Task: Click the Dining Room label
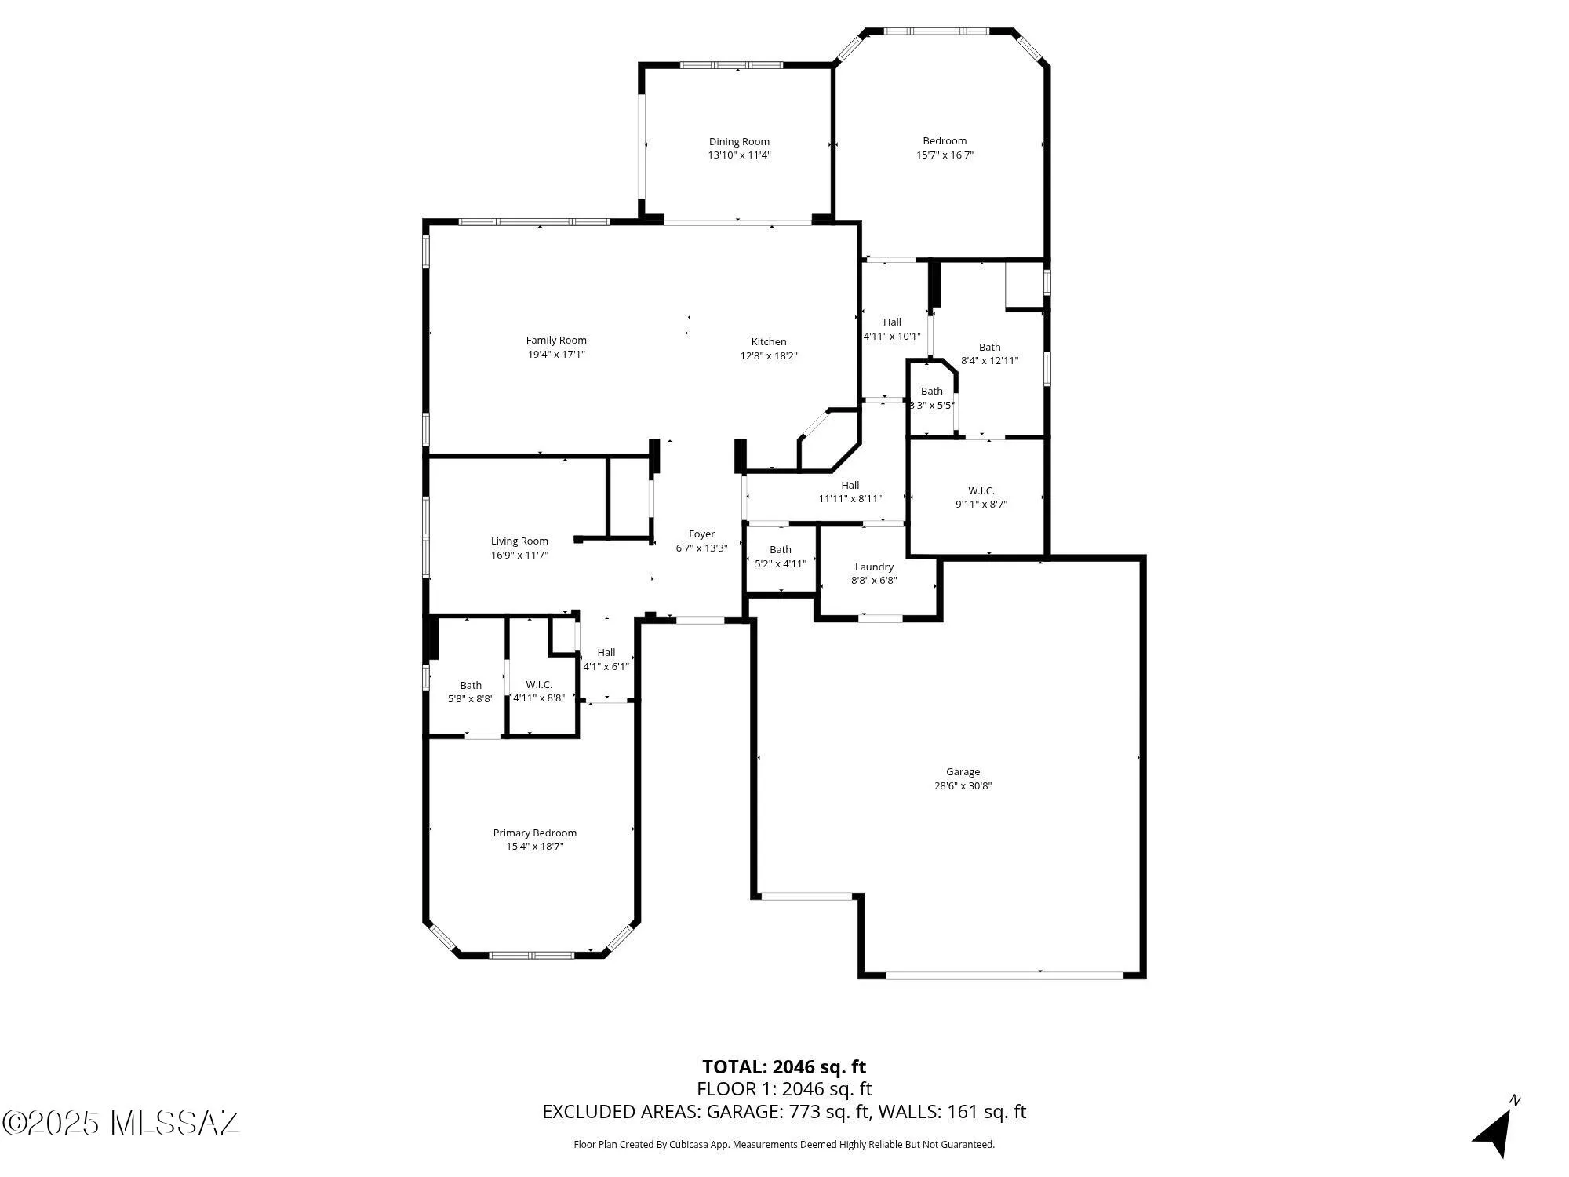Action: [739, 142]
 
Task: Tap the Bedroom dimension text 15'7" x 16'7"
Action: [945, 155]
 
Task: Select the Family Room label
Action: [556, 341]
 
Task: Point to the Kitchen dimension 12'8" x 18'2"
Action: [769, 356]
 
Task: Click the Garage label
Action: [963, 772]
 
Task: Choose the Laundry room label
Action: [874, 567]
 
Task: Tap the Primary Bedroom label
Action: [534, 833]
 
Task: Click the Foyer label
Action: [701, 534]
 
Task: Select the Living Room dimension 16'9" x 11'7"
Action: [519, 556]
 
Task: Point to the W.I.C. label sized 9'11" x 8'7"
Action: [981, 491]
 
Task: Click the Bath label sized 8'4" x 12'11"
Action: [989, 348]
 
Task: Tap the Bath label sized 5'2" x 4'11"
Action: [780, 550]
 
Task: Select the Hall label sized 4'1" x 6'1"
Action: [606, 653]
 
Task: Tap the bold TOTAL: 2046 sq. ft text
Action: [784, 1067]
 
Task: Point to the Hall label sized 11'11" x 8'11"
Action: [850, 486]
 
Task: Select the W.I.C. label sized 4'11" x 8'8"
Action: [539, 685]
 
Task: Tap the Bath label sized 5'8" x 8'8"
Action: [471, 686]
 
